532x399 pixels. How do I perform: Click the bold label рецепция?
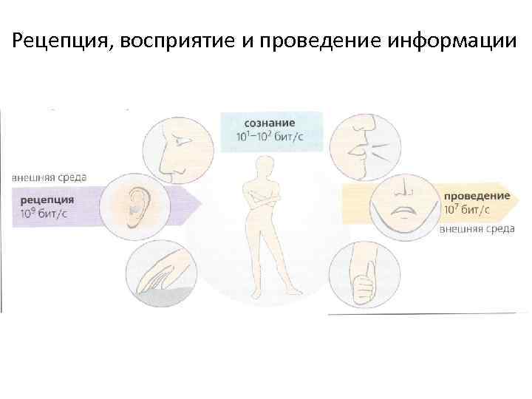tap(47, 199)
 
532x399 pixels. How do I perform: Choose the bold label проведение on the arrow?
tap(477, 195)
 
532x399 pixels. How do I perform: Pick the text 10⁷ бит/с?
tap(466, 209)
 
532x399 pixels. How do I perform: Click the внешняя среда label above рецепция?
tap(50, 177)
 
